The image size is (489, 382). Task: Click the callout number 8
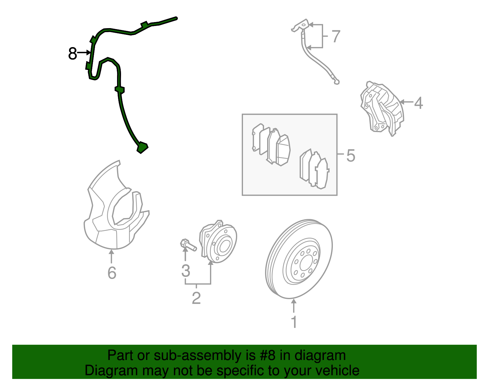pyautogui.click(x=72, y=54)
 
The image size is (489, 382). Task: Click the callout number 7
pyautogui.click(x=336, y=36)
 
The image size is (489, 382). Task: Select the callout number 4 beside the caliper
pyautogui.click(x=418, y=103)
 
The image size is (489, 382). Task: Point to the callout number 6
pyautogui.click(x=112, y=273)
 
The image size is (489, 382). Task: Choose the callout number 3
pyautogui.click(x=186, y=271)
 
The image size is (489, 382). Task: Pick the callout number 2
pyautogui.click(x=196, y=298)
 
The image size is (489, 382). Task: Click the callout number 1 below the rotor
pyautogui.click(x=294, y=322)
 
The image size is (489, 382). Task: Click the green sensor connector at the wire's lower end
pyautogui.click(x=142, y=147)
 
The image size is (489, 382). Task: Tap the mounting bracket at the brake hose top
pyautogui.click(x=301, y=26)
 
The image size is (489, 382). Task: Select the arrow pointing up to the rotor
pyautogui.click(x=294, y=306)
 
